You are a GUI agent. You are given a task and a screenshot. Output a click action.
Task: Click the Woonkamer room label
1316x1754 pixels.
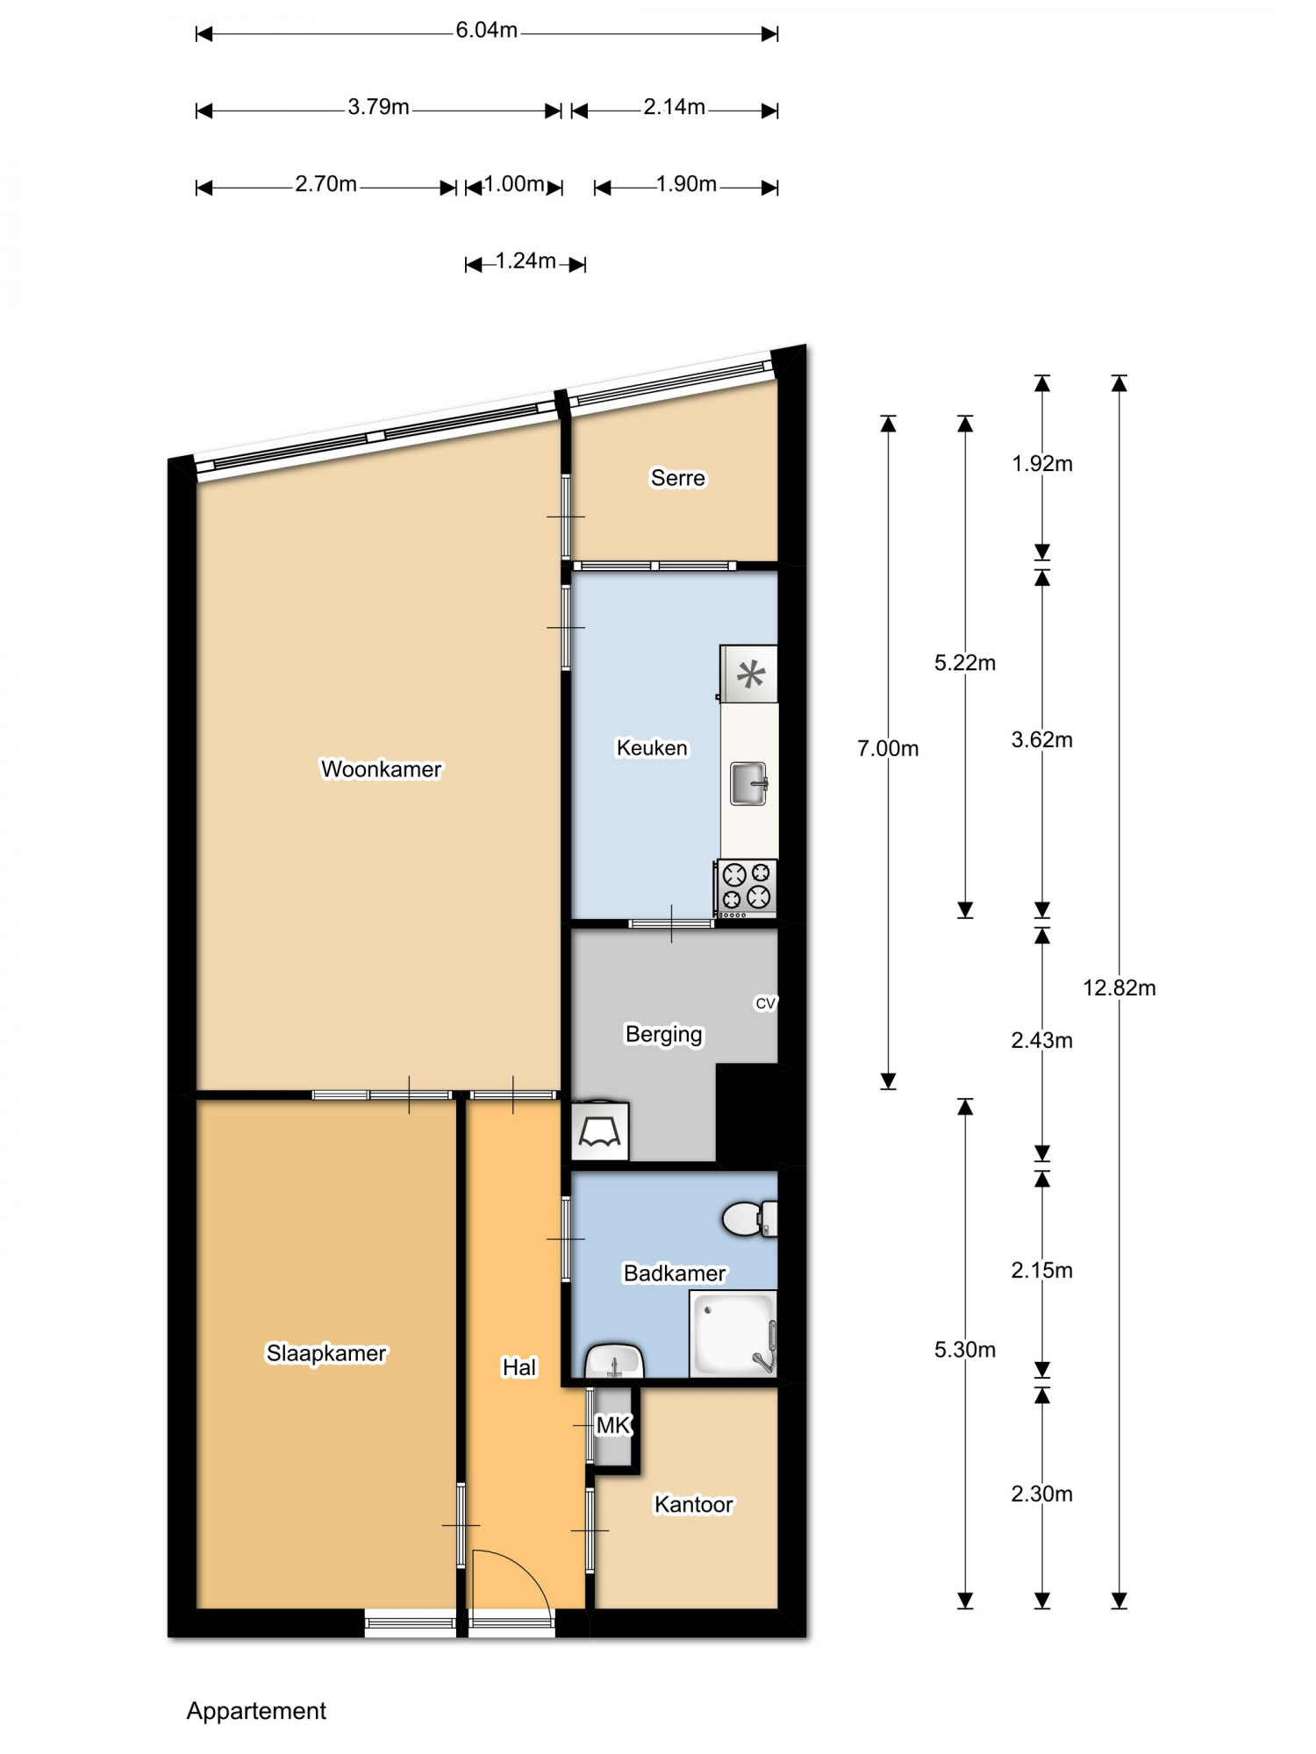click(x=381, y=769)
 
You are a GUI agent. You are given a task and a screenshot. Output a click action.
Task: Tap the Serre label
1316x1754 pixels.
click(x=677, y=478)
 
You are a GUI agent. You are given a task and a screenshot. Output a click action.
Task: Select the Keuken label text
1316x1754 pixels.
click(x=652, y=748)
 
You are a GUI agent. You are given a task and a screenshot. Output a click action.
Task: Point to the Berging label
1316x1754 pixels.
click(x=663, y=1035)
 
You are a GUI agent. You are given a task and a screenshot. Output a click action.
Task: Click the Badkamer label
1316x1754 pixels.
click(x=675, y=1273)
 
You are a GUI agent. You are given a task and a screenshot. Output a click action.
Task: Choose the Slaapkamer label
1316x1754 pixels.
click(x=326, y=1353)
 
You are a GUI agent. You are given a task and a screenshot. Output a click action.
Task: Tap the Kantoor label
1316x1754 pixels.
click(x=693, y=1505)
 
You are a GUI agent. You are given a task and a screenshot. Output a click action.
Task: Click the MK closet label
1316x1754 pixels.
click(x=613, y=1425)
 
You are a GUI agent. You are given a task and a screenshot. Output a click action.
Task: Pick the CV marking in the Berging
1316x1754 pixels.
click(x=766, y=1003)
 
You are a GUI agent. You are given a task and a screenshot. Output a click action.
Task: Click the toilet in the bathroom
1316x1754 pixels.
click(x=749, y=1219)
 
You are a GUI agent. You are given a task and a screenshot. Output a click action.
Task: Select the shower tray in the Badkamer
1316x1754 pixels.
click(x=733, y=1334)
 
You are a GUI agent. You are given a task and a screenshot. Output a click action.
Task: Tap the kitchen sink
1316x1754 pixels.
click(x=749, y=783)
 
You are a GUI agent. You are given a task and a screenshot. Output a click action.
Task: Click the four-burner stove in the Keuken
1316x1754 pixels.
click(x=747, y=888)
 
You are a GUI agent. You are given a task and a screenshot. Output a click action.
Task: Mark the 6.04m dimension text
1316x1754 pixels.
click(x=486, y=31)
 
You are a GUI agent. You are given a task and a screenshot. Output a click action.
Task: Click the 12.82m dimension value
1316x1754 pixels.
click(x=1119, y=988)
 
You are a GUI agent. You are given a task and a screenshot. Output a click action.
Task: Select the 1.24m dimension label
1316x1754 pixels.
click(x=526, y=261)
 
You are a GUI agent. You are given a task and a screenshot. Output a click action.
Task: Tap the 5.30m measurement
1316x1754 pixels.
click(x=965, y=1350)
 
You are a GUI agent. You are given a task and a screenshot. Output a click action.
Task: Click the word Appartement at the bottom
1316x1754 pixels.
click(x=256, y=1711)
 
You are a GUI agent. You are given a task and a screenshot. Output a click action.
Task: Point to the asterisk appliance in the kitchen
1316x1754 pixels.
click(x=749, y=674)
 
